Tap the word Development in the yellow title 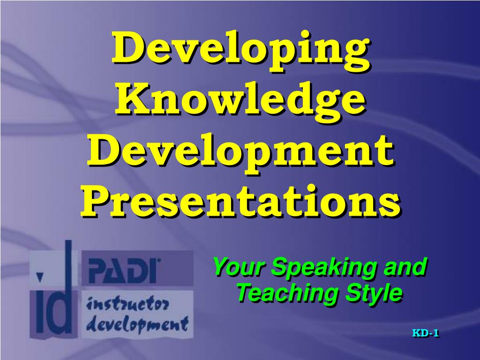pos(240,150)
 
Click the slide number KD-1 pos(425,334)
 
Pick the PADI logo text pos(123,270)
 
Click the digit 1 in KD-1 pos(436,334)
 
